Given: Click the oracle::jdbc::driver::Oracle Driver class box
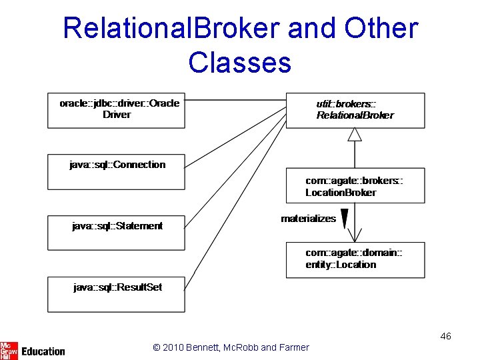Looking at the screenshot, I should [116, 110].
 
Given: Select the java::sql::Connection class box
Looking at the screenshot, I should [116, 171].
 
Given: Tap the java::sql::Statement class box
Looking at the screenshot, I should [116, 233].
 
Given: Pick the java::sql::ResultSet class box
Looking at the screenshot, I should [116, 294].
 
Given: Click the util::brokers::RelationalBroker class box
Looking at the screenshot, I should [355, 110].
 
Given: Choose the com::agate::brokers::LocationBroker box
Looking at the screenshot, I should [355, 185].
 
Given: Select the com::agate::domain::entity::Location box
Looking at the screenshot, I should [355, 259].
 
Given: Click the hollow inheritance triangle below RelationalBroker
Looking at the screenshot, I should [355, 134].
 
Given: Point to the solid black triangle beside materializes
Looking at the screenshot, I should [345, 219].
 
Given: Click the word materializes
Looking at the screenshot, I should [308, 219].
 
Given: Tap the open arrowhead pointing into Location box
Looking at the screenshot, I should [355, 236].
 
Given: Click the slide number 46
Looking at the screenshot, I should [445, 336].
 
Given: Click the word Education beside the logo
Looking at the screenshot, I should [43, 351].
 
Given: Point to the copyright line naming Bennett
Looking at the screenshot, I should [231, 347].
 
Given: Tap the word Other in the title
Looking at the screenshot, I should [381, 29].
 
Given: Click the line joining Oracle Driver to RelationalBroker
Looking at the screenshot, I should [235, 101].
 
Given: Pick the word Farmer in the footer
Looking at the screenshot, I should [294, 347].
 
